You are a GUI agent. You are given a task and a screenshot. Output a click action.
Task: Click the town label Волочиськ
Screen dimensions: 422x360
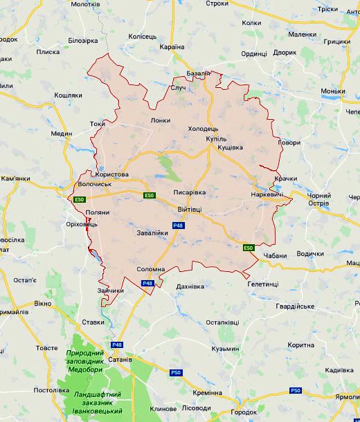(x=95, y=185)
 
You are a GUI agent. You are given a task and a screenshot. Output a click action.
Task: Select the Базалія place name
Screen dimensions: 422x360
(x=198, y=73)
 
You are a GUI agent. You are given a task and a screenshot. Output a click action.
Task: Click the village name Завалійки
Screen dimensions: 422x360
(x=152, y=233)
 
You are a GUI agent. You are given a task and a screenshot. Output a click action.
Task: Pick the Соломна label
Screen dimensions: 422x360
(x=150, y=269)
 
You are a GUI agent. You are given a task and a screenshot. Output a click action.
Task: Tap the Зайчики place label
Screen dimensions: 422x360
(x=111, y=291)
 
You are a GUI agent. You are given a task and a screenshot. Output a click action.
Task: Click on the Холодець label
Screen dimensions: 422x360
(x=203, y=129)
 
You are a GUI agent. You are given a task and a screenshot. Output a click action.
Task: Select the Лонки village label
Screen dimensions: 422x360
(x=160, y=120)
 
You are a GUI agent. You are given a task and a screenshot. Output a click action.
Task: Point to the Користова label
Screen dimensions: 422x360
(x=114, y=175)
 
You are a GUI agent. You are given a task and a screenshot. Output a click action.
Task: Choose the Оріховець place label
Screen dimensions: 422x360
(x=82, y=224)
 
